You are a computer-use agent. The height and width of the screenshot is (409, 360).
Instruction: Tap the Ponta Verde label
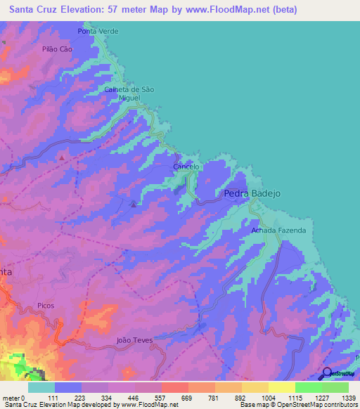pos(98,32)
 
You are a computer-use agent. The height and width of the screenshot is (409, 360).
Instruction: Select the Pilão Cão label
pos(58,49)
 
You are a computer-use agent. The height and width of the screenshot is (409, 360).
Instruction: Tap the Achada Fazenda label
pos(278,231)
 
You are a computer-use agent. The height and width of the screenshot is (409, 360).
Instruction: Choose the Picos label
pos(46,306)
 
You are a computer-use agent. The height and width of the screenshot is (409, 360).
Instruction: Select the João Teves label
pos(134,339)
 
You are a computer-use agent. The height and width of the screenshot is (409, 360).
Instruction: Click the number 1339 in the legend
pos(349,397)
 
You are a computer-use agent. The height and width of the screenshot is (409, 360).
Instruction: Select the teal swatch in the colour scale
pos(41,387)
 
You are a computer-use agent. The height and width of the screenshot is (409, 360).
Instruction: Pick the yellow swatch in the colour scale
pos(281,387)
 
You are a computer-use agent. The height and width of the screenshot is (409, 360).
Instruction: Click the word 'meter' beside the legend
pos(12,397)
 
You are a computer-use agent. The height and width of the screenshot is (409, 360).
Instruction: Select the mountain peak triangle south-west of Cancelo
pos(134,204)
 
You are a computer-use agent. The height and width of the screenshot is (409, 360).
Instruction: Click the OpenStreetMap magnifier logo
pos(328,374)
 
